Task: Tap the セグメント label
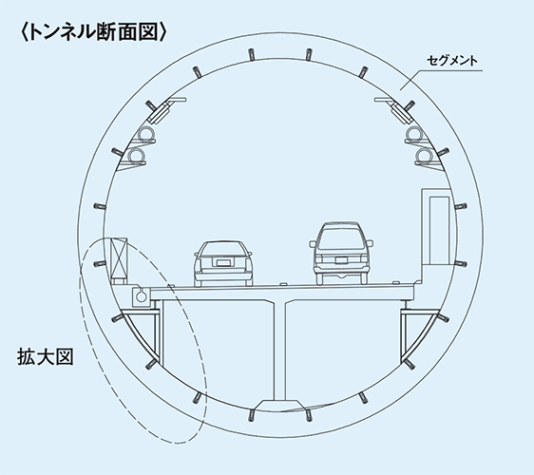[452, 61]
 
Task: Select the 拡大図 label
[46, 356]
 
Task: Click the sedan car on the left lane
[223, 263]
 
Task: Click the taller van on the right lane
[341, 253]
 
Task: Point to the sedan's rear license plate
[223, 262]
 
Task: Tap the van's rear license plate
[341, 260]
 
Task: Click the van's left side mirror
[313, 243]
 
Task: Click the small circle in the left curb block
[141, 296]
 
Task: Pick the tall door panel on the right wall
[439, 230]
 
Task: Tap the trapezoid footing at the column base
[279, 406]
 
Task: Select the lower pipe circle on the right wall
[424, 156]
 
